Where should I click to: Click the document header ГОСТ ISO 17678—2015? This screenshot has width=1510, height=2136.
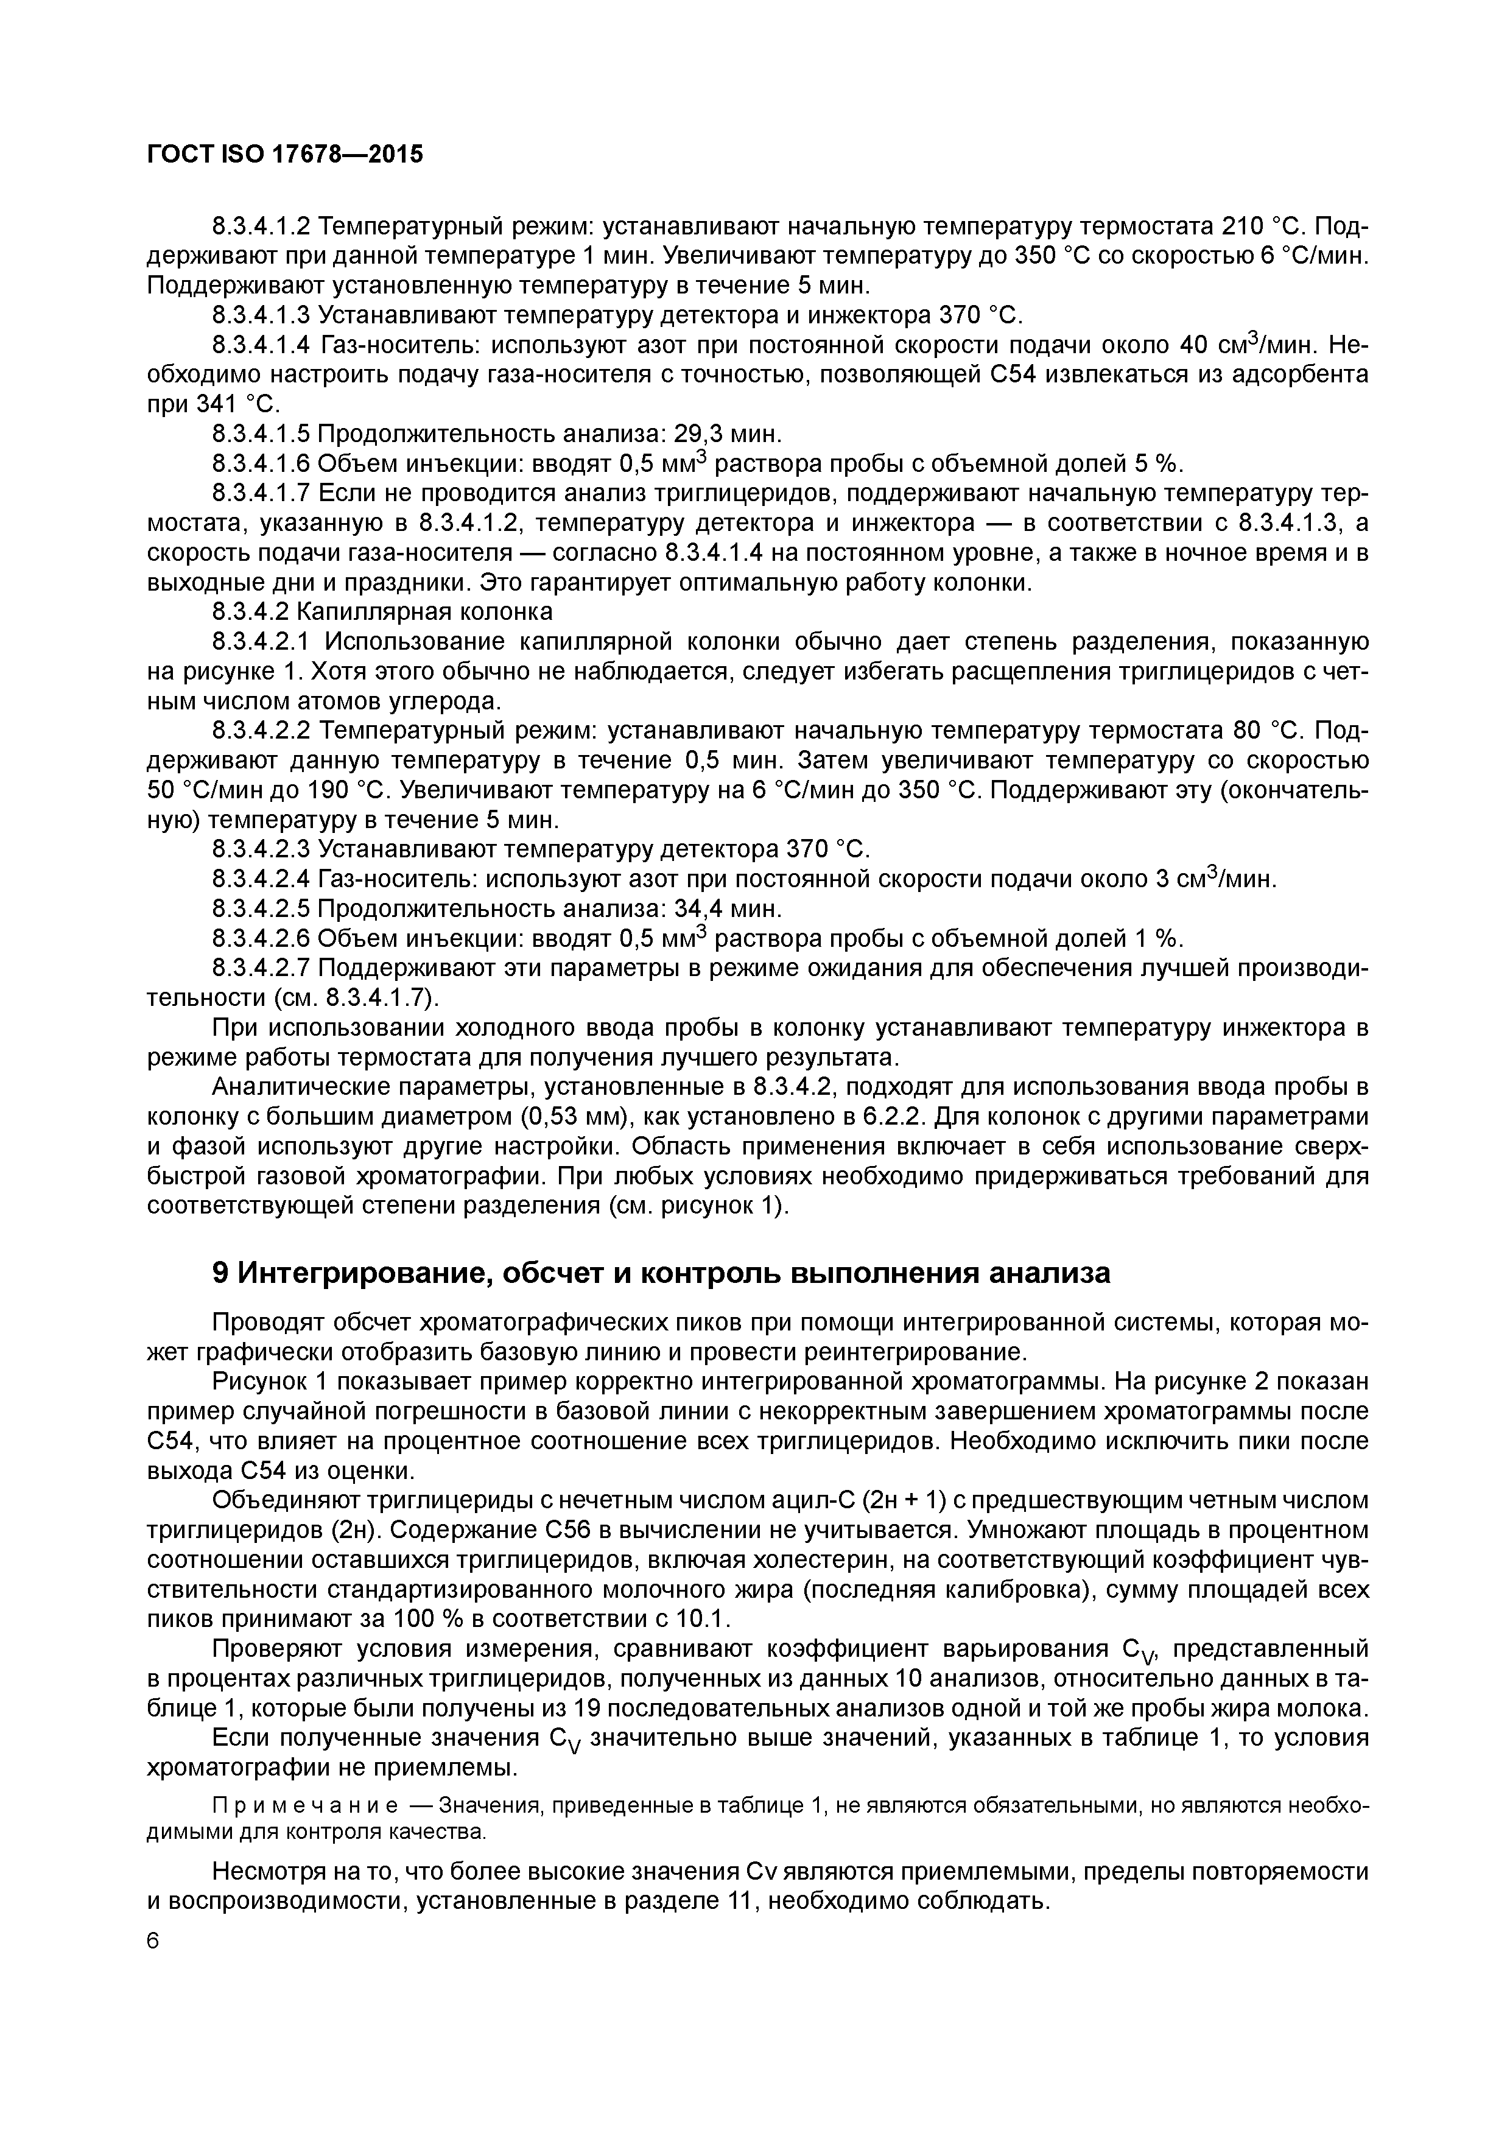click(x=285, y=155)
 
